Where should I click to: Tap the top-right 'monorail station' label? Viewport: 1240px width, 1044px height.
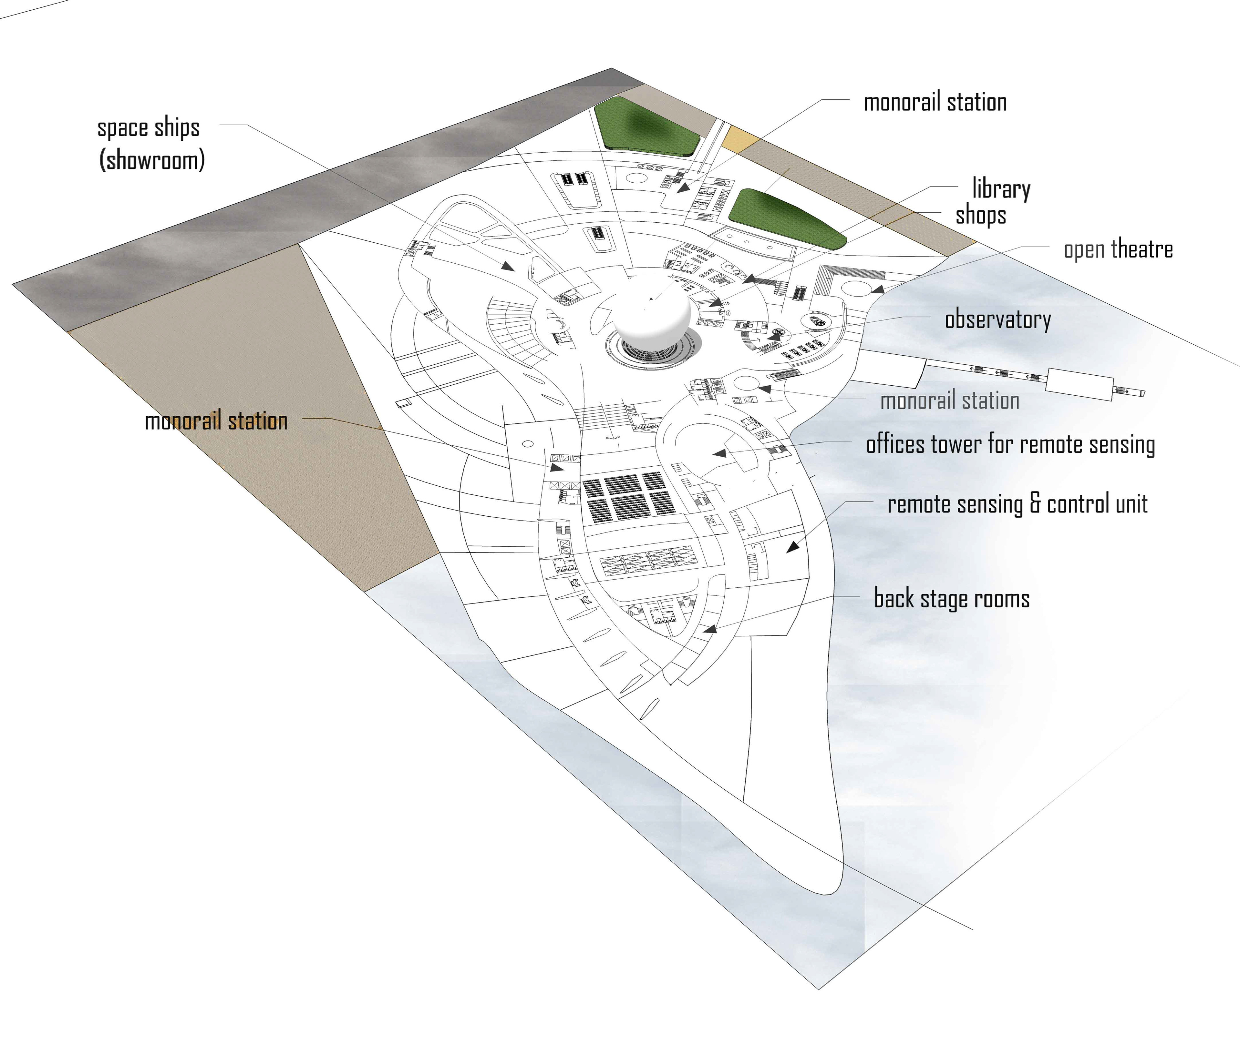pyautogui.click(x=935, y=102)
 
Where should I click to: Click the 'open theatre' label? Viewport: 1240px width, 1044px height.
pyautogui.click(x=1118, y=250)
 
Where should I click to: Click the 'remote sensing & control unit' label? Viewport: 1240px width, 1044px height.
pyautogui.click(x=1017, y=504)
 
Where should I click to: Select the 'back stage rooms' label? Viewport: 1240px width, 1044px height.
pyautogui.click(x=952, y=599)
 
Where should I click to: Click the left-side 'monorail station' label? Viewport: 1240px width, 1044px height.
pyautogui.click(x=216, y=421)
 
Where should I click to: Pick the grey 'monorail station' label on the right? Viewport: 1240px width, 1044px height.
pyautogui.click(x=950, y=401)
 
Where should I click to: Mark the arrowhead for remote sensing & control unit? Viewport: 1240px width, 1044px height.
pyautogui.click(x=793, y=547)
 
